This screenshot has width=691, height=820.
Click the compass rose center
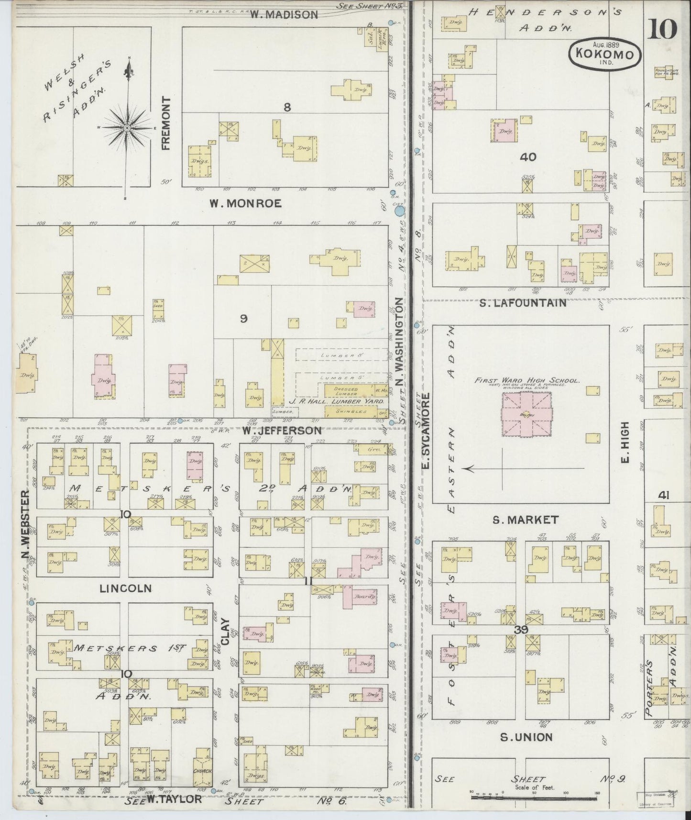tap(127, 128)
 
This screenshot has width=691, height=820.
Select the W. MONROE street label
tap(245, 204)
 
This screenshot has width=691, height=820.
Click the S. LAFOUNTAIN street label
tap(523, 303)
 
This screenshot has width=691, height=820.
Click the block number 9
tap(243, 319)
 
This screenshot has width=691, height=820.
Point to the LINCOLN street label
tap(125, 588)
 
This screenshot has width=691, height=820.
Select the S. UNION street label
tap(526, 737)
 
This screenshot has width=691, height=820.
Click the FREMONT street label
tap(166, 123)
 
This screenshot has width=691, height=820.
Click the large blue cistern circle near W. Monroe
tap(399, 210)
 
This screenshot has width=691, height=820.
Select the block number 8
tap(287, 107)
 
